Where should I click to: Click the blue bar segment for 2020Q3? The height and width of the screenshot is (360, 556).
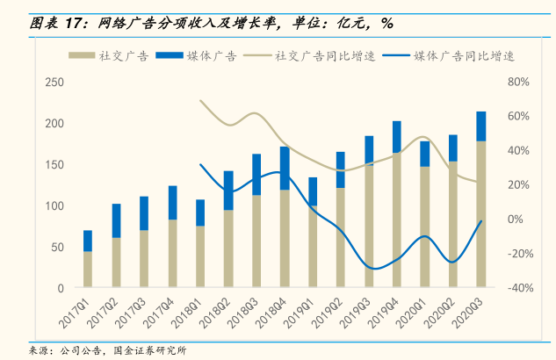[481, 126]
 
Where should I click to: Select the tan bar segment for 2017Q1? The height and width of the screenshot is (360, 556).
[88, 269]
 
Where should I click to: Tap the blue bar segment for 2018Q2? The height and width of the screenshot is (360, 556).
[228, 191]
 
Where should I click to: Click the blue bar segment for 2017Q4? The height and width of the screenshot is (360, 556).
[172, 203]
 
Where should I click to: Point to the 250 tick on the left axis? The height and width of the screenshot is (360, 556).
[54, 83]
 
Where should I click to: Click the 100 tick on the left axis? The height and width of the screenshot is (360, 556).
[54, 205]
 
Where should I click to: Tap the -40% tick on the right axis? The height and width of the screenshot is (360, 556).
[517, 288]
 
